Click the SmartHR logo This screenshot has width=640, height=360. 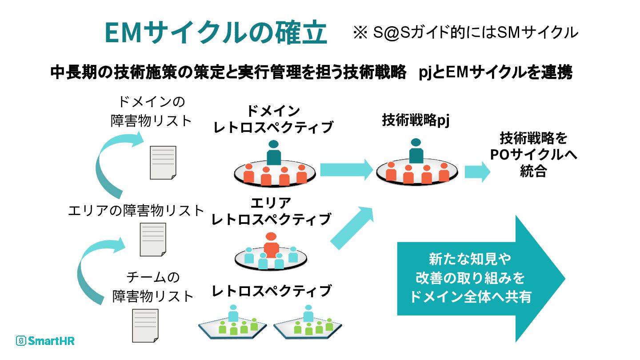(45, 341)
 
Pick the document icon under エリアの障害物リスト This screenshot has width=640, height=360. (153, 239)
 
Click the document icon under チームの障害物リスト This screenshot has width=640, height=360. (146, 325)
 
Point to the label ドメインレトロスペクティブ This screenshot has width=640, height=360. (273, 119)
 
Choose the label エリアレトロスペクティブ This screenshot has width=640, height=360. (271, 211)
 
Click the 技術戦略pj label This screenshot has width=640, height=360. (416, 121)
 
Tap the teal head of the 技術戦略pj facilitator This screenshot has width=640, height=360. (416, 143)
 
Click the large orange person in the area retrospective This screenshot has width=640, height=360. (271, 244)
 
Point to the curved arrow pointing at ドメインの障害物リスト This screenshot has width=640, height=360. (111, 164)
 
